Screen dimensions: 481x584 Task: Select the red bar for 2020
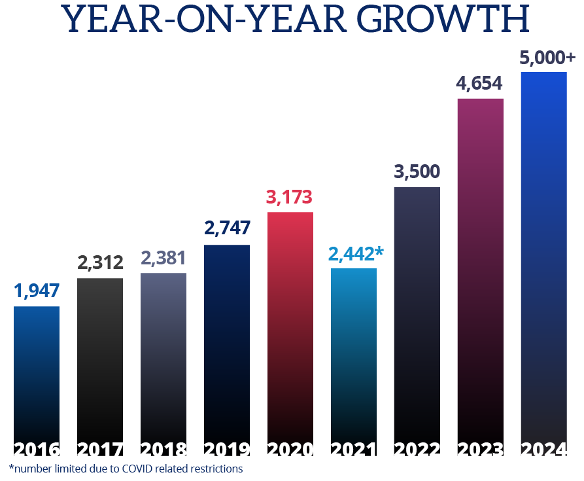click(x=290, y=327)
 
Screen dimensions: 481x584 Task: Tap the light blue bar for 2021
click(x=354, y=353)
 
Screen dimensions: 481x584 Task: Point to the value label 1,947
click(x=37, y=291)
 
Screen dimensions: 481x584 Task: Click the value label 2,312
click(x=100, y=263)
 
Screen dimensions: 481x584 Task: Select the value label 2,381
click(x=163, y=258)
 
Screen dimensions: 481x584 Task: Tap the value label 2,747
click(x=227, y=230)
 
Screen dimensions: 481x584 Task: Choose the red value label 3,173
click(x=290, y=197)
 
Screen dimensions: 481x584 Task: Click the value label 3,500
click(x=417, y=172)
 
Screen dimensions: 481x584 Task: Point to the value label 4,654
click(x=480, y=84)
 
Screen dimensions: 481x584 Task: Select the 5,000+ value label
click(x=547, y=58)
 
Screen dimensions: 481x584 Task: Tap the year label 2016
click(x=37, y=450)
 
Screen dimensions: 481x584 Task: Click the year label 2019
click(x=227, y=450)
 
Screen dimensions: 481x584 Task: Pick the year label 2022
click(x=417, y=450)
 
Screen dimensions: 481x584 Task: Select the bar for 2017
click(x=100, y=360)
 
